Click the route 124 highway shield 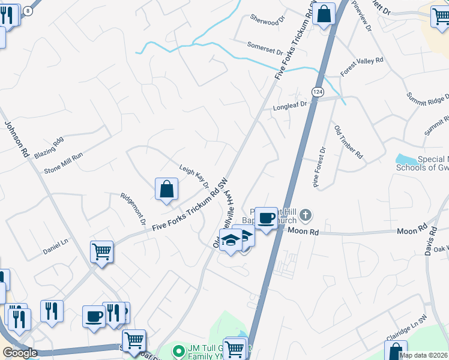tap(318, 91)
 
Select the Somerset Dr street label tap(265, 47)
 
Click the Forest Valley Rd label tap(361, 66)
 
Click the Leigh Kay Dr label tap(193, 177)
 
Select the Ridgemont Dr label tap(132, 208)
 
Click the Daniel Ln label tap(56, 245)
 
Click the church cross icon tap(306, 214)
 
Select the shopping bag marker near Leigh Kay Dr tap(166, 189)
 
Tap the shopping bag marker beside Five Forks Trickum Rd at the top tap(324, 14)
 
